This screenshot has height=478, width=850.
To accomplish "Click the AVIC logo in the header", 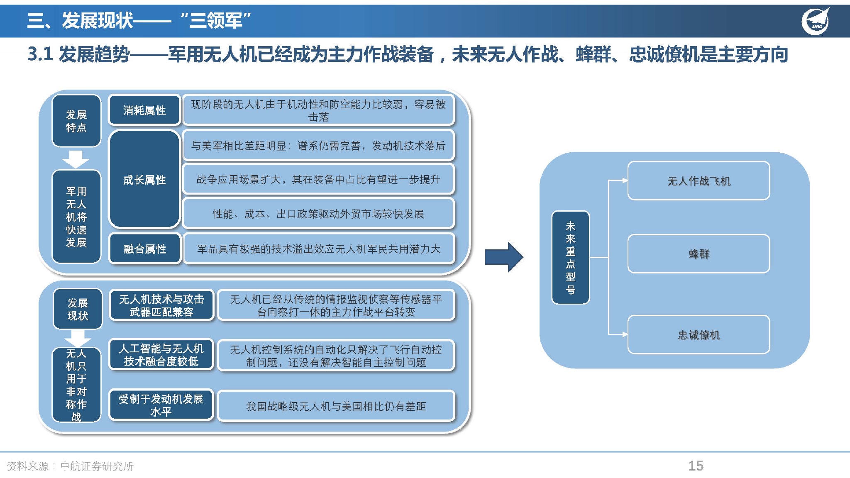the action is [x=816, y=21].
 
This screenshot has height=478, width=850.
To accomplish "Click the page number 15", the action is [x=696, y=466].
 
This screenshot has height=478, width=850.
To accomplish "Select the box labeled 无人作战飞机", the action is [x=699, y=181].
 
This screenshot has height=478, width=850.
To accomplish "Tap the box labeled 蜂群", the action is [x=699, y=254].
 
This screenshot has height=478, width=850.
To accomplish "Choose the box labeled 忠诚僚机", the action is [x=699, y=335].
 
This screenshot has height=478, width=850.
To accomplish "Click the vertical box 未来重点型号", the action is [x=571, y=258].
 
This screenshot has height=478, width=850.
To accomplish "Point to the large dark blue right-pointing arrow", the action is [x=504, y=257].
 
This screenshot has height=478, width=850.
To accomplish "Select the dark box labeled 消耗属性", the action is [x=144, y=110].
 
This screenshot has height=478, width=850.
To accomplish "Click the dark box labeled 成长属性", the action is [x=144, y=179].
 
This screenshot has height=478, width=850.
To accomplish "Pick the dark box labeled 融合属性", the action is [x=145, y=249].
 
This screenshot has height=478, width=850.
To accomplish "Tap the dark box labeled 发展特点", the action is [x=76, y=121].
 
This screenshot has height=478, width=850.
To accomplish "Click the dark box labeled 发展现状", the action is [x=78, y=309].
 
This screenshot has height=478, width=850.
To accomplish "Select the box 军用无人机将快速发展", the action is [x=76, y=217].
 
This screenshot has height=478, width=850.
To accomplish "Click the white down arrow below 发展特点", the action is [x=76, y=159].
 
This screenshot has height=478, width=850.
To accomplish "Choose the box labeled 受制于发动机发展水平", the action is [x=161, y=405].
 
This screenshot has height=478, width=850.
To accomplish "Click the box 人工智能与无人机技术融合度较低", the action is [x=161, y=355].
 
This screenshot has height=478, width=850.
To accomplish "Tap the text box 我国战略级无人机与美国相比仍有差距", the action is [x=336, y=406].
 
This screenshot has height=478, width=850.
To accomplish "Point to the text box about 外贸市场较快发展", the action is [x=318, y=214].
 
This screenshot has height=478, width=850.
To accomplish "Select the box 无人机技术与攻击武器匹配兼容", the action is [x=161, y=305].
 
